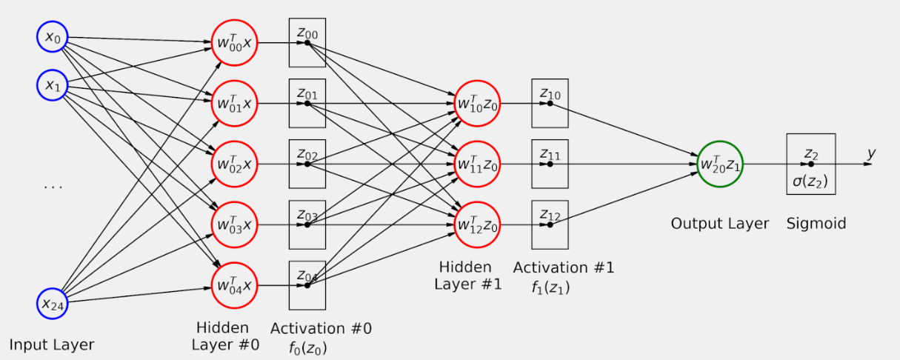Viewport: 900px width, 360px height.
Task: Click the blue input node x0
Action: (52, 36)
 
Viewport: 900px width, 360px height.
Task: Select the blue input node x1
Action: (52, 86)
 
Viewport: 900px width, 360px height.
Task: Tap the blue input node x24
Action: (52, 302)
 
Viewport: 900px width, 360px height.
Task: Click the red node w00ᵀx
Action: (234, 42)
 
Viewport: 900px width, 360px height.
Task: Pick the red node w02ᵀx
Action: (234, 163)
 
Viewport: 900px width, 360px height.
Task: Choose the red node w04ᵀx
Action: (234, 285)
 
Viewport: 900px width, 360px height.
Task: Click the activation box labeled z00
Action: (307, 42)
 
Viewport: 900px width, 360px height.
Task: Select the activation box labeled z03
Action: (307, 224)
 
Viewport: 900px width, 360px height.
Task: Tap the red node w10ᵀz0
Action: (477, 103)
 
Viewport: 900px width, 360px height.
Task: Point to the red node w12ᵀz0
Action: (477, 224)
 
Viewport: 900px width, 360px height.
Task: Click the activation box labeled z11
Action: (550, 164)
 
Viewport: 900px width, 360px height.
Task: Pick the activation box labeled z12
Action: (550, 224)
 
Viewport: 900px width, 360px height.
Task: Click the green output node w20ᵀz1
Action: (719, 164)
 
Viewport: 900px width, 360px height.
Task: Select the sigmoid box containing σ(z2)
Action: (810, 164)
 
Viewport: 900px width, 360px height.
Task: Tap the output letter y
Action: (871, 153)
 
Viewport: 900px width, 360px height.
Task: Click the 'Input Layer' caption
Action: (52, 344)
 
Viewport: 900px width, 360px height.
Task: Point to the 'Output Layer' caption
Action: (720, 223)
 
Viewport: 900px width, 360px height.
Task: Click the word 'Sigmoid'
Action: (816, 223)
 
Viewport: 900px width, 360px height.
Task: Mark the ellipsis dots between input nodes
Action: (53, 187)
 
